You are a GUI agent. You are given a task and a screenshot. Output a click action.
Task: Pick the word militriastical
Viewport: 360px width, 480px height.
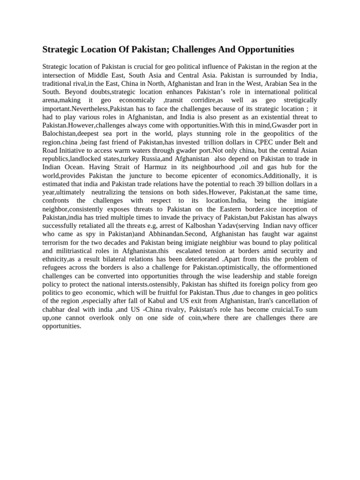click(x=76, y=250)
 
